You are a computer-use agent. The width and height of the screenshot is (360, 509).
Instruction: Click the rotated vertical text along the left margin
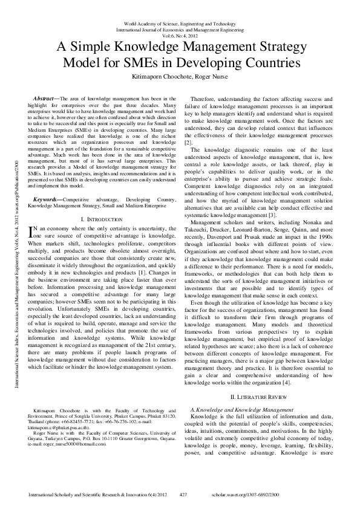pyautogui.click(x=24, y=260)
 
